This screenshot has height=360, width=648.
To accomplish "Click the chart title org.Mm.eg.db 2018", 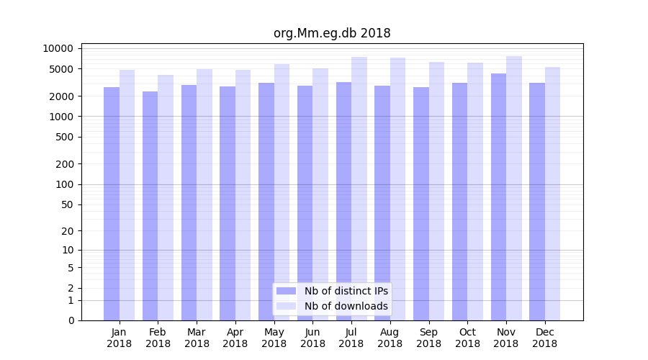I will [x=332, y=33].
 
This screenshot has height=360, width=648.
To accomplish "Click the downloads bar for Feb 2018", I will [x=166, y=197].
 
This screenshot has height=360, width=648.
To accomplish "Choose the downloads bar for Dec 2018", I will [x=553, y=194].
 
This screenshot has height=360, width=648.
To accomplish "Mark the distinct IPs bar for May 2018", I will [x=266, y=202].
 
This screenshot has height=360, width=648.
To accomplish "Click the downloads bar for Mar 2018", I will [x=204, y=194].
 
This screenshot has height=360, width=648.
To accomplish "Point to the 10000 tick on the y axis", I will [x=58, y=48].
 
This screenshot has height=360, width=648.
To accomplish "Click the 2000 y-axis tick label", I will [x=61, y=96].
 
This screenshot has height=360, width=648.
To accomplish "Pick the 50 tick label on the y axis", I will [x=66, y=204].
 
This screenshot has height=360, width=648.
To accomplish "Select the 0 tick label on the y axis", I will [x=71, y=320].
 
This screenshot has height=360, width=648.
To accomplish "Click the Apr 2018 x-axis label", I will [x=235, y=338].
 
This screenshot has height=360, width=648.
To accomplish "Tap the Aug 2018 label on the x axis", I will [x=390, y=338].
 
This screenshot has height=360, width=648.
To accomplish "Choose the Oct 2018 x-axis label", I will [x=467, y=338].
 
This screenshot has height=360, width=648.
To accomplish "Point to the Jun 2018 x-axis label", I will [x=312, y=338].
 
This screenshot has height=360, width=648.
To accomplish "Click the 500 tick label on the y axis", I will [x=63, y=137].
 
